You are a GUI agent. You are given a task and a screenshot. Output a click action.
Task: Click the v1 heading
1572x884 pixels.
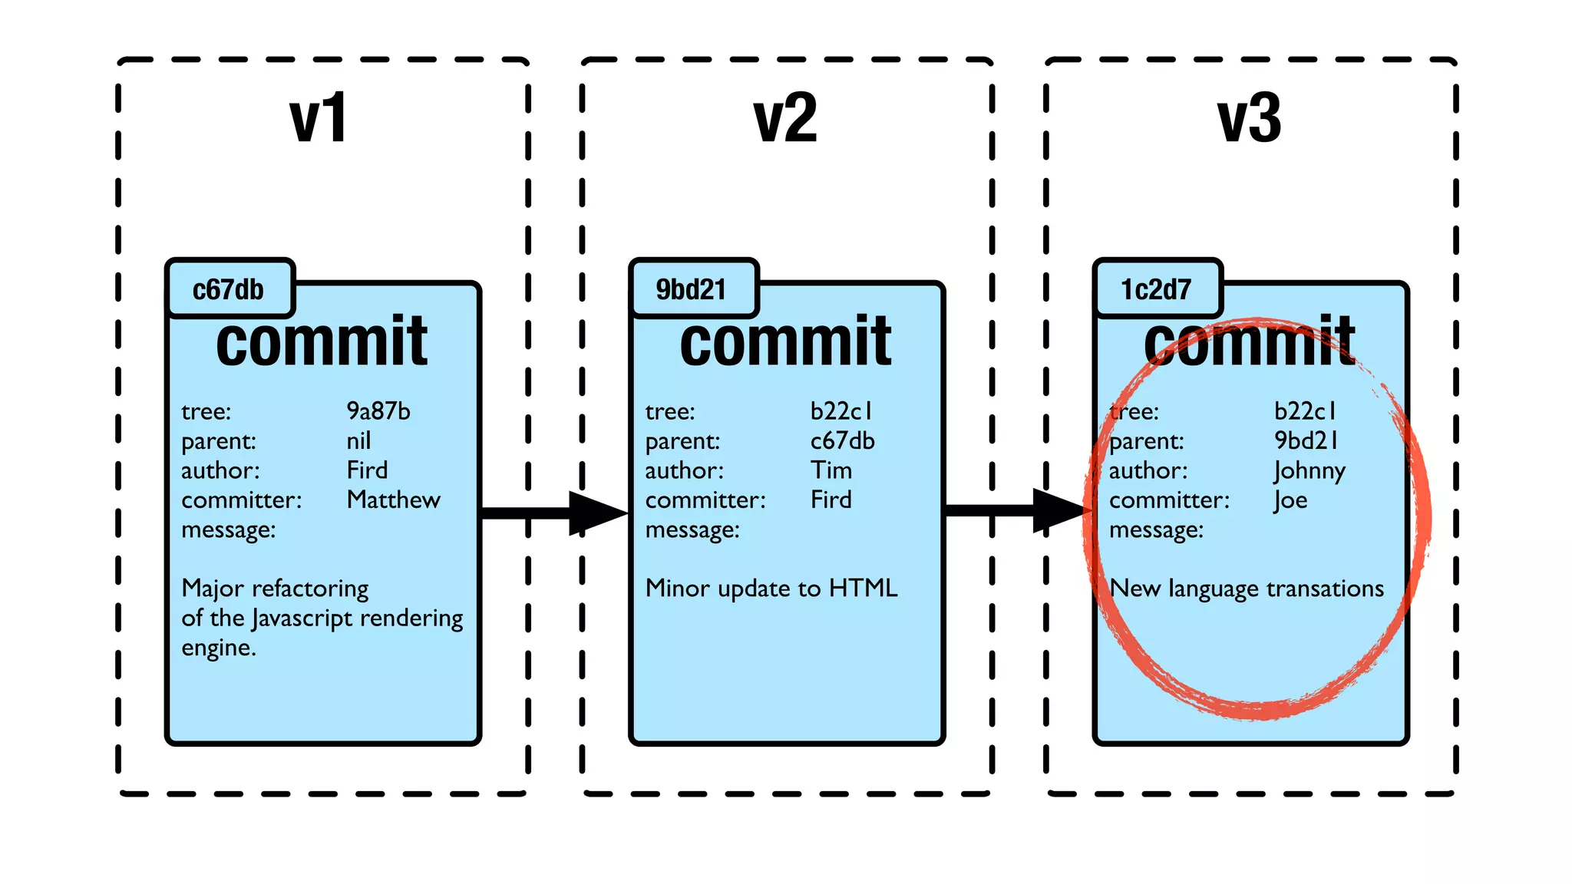pyautogui.click(x=318, y=118)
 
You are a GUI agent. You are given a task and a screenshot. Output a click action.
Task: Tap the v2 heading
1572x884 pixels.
pyautogui.click(x=785, y=118)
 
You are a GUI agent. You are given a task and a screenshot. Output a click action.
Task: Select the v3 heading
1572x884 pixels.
pyautogui.click(x=1250, y=118)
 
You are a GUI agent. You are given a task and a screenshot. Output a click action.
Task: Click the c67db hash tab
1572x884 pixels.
pyautogui.click(x=228, y=289)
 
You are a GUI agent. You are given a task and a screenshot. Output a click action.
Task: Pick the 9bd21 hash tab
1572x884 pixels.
pyautogui.click(x=691, y=289)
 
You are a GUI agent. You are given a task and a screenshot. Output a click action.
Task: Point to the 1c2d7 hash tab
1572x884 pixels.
pyautogui.click(x=1156, y=289)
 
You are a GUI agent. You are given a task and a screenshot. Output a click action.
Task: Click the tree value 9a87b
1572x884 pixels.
pyautogui.click(x=378, y=411)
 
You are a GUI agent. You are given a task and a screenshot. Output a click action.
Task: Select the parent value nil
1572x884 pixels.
pyautogui.click(x=358, y=440)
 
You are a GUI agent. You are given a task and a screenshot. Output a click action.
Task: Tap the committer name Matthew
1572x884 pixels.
pyautogui.click(x=393, y=500)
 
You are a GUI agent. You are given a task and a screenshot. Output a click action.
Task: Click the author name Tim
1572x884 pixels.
pyautogui.click(x=831, y=470)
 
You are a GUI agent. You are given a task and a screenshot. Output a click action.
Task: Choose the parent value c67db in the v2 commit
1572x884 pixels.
pyautogui.click(x=842, y=440)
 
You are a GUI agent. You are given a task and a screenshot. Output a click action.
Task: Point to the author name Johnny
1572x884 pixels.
pyautogui.click(x=1309, y=470)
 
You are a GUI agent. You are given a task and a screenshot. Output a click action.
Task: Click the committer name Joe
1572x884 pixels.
pyautogui.click(x=1290, y=500)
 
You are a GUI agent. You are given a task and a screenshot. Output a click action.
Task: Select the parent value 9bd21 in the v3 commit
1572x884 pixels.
pyautogui.click(x=1306, y=440)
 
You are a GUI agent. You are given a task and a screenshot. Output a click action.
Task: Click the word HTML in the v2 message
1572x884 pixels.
pyautogui.click(x=863, y=589)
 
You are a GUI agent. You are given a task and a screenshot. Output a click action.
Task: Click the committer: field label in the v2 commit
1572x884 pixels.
pyautogui.click(x=705, y=500)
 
